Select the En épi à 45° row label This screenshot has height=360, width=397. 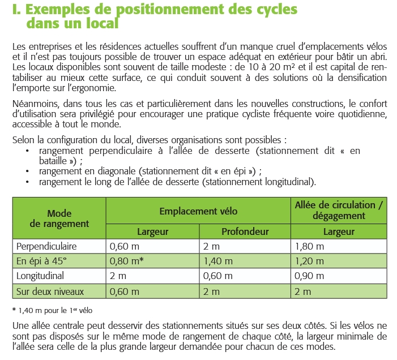pyautogui.click(x=42, y=262)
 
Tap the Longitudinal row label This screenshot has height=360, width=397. pyautogui.click(x=41, y=276)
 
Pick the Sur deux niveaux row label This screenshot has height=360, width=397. pyautogui.click(x=50, y=292)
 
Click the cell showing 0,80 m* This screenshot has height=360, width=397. pyautogui.click(x=126, y=262)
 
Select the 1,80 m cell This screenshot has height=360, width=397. pyautogui.click(x=309, y=246)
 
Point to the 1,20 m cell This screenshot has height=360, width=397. pyautogui.click(x=309, y=262)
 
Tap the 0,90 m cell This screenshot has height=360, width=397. pyautogui.click(x=309, y=276)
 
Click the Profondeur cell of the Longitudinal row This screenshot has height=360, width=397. pyautogui.click(x=218, y=276)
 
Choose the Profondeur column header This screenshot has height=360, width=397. pyautogui.click(x=245, y=231)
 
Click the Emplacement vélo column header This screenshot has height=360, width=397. pyautogui.click(x=198, y=211)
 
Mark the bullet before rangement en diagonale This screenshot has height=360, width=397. pyautogui.click(x=28, y=172)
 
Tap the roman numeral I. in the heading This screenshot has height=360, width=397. pyautogui.click(x=15, y=10)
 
